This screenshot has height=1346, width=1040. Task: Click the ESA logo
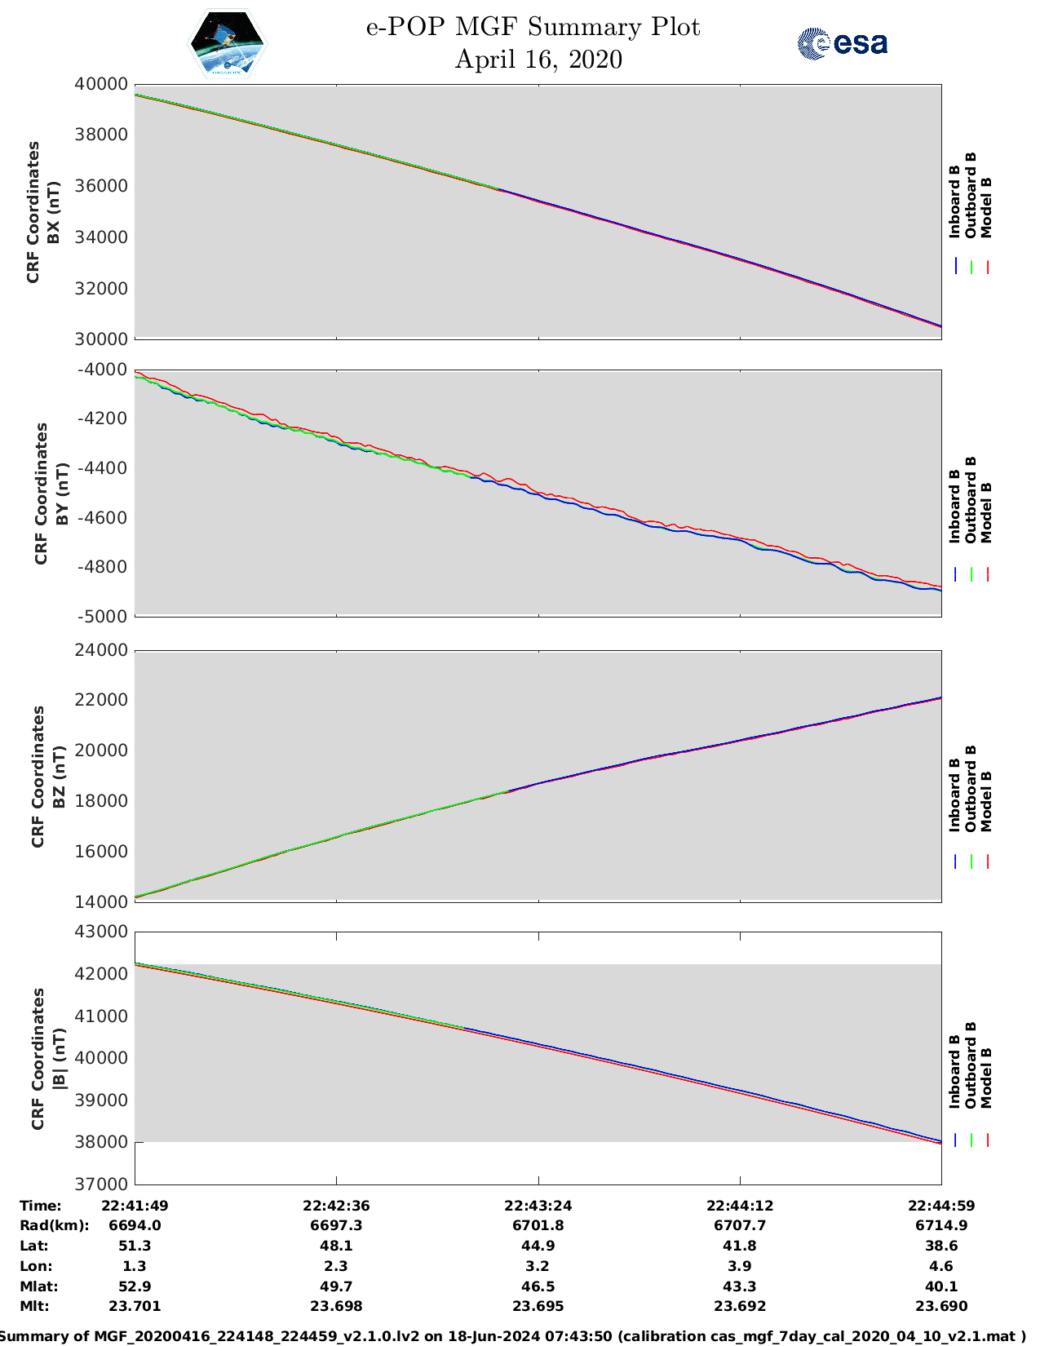(x=843, y=43)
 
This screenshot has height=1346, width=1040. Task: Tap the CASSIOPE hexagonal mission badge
(x=227, y=44)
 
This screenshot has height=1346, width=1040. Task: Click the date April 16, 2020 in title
(x=538, y=60)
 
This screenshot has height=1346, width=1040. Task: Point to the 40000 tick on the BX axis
(x=101, y=84)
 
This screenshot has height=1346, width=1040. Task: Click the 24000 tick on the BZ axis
(x=101, y=650)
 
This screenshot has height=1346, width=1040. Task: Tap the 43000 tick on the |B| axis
(x=101, y=932)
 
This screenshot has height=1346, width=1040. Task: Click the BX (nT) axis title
(x=54, y=212)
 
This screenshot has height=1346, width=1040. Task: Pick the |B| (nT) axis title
(x=58, y=1059)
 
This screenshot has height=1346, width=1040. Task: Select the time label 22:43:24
(x=538, y=1206)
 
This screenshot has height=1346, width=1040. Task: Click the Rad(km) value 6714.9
(x=941, y=1225)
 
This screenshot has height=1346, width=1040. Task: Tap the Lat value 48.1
(x=336, y=1246)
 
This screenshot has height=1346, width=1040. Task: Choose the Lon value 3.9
(x=740, y=1266)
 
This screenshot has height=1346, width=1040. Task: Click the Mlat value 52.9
(x=135, y=1286)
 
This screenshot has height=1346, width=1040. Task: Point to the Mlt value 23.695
(x=538, y=1306)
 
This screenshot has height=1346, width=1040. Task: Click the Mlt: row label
(x=34, y=1306)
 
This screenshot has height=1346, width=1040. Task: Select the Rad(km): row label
(x=54, y=1225)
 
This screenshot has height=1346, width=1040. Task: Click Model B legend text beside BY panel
(x=986, y=512)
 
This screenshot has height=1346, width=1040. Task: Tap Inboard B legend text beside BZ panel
(x=954, y=795)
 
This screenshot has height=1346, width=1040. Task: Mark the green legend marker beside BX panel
(x=971, y=267)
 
